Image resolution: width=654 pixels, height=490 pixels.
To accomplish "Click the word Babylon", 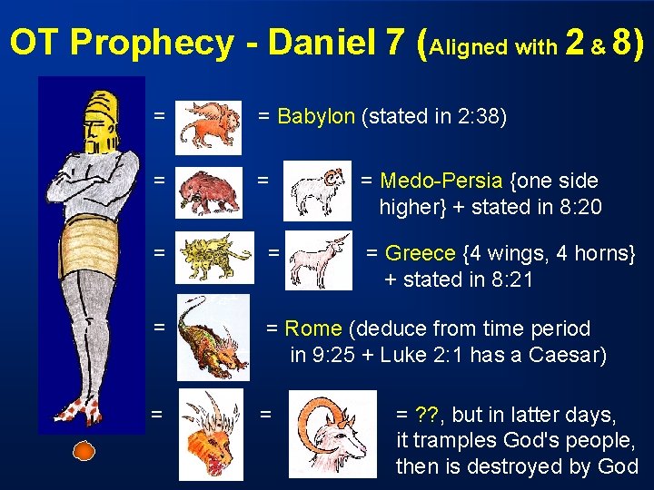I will pyautogui.click(x=315, y=116).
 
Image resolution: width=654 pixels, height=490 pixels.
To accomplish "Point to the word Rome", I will pyautogui.click(x=312, y=328).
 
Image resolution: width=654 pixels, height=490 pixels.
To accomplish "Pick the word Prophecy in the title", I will pyautogui.click(x=149, y=42).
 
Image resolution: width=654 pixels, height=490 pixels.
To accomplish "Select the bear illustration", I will pyautogui.click(x=209, y=191).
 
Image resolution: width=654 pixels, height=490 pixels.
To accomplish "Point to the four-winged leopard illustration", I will pyautogui.click(x=214, y=257).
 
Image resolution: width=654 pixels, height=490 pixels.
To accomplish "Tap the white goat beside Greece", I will pyautogui.click(x=317, y=260).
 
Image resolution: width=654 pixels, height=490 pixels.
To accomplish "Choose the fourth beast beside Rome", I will pyautogui.click(x=213, y=337).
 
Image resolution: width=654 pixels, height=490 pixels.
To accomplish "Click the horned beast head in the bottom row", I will pyautogui.click(x=210, y=435).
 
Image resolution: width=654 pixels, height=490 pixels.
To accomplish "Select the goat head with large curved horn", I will pyautogui.click(x=332, y=433).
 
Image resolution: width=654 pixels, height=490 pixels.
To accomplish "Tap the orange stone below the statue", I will pyautogui.click(x=84, y=450).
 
